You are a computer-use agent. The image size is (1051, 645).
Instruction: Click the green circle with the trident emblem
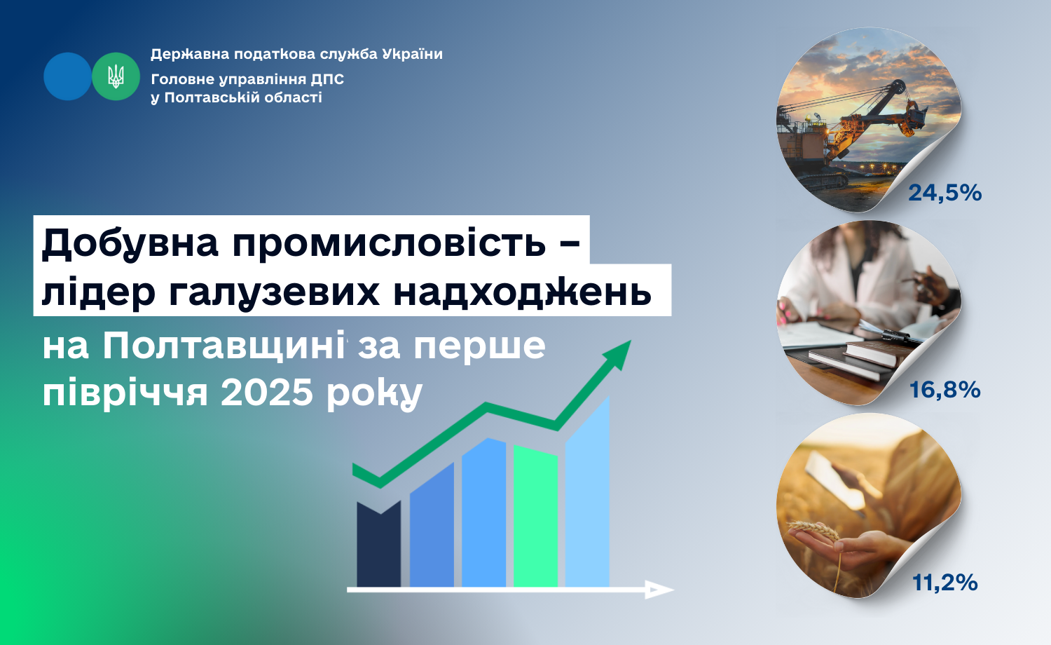[x=116, y=76]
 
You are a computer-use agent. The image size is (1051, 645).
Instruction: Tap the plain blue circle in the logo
[x=67, y=76]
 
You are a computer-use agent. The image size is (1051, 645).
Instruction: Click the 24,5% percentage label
[x=945, y=193]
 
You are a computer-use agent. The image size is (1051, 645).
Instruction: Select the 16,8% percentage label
[x=945, y=390]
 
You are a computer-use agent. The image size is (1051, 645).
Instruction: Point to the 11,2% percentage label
[x=945, y=583]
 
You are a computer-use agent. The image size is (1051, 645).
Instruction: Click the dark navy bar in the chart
[x=378, y=543]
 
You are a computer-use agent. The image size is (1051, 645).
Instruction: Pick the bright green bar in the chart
[x=535, y=515]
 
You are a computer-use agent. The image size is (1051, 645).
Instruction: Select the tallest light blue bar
[x=587, y=493]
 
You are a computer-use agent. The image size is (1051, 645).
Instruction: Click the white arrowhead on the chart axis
[x=659, y=590]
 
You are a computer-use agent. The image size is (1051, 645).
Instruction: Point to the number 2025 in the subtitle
[x=266, y=393]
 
